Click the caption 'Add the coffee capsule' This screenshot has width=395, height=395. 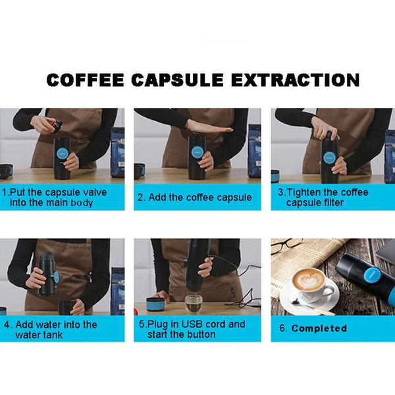(x=194, y=197)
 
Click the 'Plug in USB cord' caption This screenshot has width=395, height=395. (x=191, y=329)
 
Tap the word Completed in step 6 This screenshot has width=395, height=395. (x=319, y=328)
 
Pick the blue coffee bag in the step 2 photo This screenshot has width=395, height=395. (x=254, y=151)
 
